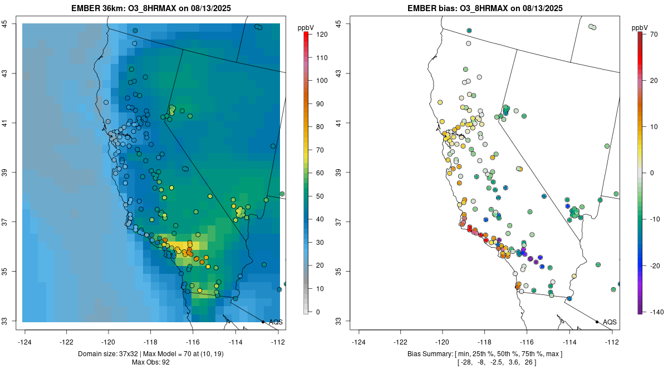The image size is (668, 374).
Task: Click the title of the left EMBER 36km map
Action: [151, 9]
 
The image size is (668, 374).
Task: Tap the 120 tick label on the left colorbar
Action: [321, 35]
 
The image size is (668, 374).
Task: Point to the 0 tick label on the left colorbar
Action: [317, 312]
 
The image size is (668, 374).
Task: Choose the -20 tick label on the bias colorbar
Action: [655, 265]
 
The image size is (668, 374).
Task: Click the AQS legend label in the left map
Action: [276, 322]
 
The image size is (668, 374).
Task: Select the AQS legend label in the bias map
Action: [610, 322]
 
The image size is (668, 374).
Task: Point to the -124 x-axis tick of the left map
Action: [25, 342]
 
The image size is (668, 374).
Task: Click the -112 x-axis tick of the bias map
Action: [612, 342]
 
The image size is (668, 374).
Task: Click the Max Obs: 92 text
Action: [151, 362]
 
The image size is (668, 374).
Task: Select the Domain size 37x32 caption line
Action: [151, 354]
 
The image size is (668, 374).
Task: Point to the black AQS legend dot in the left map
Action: [263, 322]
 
